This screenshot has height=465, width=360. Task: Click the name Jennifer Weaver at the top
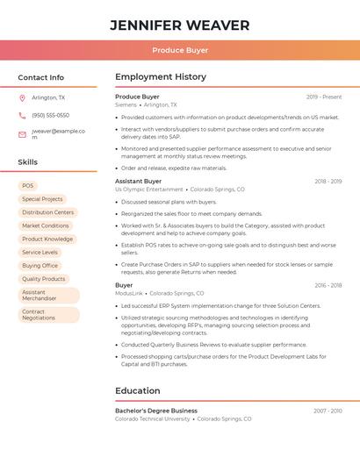(180, 25)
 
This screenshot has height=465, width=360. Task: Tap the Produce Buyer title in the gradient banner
(180, 51)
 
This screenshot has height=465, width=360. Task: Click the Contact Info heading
(41, 77)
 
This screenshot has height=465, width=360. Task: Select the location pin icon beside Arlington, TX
(22, 98)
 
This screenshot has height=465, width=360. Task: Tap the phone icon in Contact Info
(22, 116)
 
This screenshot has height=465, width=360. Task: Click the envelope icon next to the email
(22, 134)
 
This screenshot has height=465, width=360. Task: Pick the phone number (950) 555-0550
(50, 116)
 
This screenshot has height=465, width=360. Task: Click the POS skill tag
(28, 186)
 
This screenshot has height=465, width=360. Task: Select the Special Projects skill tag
(42, 199)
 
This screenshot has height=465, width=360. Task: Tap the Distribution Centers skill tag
(48, 212)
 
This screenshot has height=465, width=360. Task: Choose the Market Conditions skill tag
(46, 225)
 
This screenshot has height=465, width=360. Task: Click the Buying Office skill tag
(40, 265)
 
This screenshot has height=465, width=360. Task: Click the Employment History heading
(161, 77)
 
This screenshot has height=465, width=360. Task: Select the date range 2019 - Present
(324, 97)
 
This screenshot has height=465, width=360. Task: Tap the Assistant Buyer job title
(138, 181)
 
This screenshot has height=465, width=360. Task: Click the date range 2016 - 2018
(328, 285)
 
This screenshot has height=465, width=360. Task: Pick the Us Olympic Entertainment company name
(149, 190)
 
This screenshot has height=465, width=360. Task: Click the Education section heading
(138, 390)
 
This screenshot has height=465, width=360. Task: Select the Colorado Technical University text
(153, 419)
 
